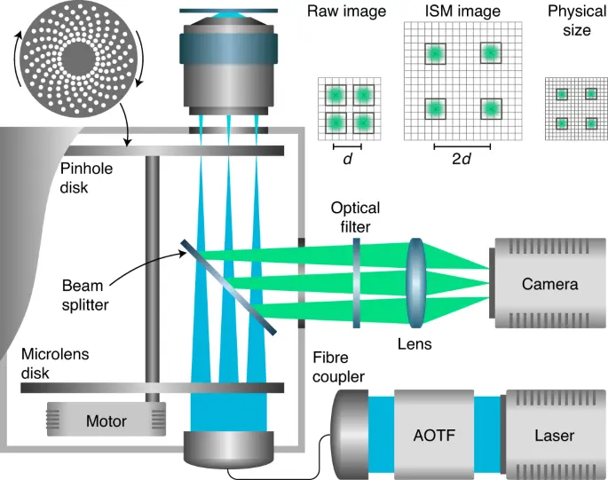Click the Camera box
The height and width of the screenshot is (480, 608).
coord(549,284)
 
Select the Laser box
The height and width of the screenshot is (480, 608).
coord(554,436)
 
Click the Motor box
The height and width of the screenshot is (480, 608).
coord(106,421)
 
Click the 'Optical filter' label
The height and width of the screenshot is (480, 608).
coord(355,217)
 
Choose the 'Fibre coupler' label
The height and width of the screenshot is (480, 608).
coord(337,367)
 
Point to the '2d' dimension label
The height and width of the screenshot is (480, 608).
coord(462,161)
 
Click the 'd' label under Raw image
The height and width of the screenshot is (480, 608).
coord(346,161)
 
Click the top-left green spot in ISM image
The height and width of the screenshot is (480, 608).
coord(435,54)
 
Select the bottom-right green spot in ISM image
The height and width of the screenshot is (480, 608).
coord(490,108)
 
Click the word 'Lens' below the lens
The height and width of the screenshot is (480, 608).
coord(415,343)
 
